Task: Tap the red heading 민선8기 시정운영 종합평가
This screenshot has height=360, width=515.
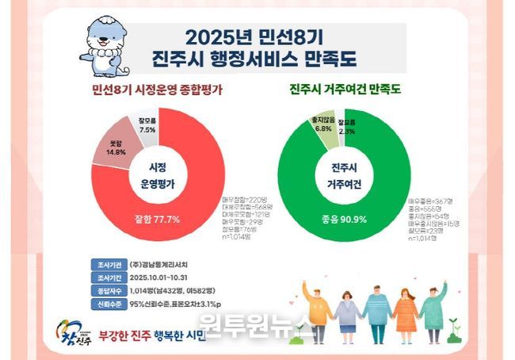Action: (x=155, y=91)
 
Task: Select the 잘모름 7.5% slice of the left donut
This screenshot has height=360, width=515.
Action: (x=147, y=125)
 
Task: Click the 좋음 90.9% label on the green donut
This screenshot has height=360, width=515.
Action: (x=345, y=219)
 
